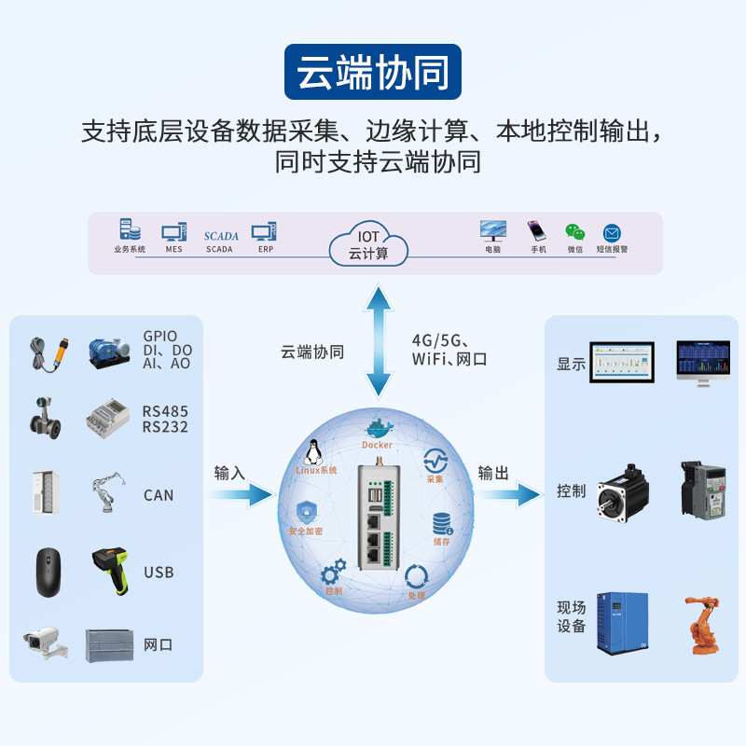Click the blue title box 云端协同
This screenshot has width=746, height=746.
pyautogui.click(x=373, y=72)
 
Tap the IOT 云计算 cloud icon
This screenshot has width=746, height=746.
pyautogui.click(x=368, y=244)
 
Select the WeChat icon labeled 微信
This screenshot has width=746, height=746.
pyautogui.click(x=573, y=232)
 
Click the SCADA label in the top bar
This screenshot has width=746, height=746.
pyautogui.click(x=221, y=236)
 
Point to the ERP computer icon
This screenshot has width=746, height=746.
pyautogui.click(x=265, y=232)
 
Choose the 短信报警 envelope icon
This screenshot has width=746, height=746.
pyautogui.click(x=612, y=233)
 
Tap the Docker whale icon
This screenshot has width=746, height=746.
pyautogui.click(x=377, y=430)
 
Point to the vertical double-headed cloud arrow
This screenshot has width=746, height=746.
pyautogui.click(x=378, y=342)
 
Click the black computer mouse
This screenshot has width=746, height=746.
pyautogui.click(x=48, y=571)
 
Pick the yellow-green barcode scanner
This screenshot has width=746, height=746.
pyautogui.click(x=113, y=571)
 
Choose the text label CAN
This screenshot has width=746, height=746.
pyautogui.click(x=159, y=495)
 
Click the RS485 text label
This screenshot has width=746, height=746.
pyautogui.click(x=165, y=411)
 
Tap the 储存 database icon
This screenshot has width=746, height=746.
pyautogui.click(x=440, y=525)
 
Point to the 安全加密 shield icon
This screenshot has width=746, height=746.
pyautogui.click(x=307, y=512)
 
